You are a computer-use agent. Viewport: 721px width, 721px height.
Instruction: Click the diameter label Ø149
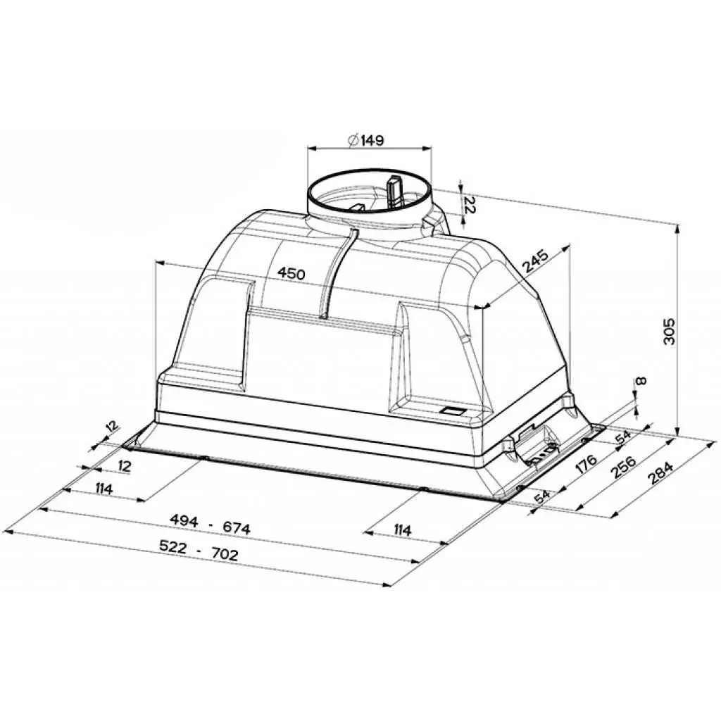(x=365, y=140)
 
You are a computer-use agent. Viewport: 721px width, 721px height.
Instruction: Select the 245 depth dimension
(x=535, y=263)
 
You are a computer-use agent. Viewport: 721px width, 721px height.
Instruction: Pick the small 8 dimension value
(x=639, y=382)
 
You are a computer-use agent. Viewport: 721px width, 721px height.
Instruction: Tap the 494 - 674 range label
(x=210, y=525)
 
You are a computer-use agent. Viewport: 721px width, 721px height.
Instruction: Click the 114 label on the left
(x=104, y=488)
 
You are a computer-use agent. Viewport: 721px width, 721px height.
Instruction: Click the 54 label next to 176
(x=622, y=437)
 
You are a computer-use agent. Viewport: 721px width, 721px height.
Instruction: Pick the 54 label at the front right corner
(x=541, y=496)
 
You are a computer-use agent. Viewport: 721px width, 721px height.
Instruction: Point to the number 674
(x=236, y=527)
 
